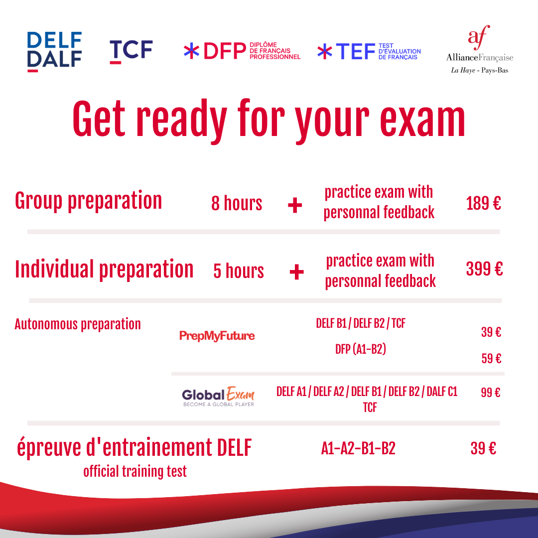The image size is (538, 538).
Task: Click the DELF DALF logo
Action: pos(54,52)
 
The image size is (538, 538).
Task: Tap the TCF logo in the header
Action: pos(131,51)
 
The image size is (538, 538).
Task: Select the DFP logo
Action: pos(242,51)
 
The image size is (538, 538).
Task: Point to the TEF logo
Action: pos(369,51)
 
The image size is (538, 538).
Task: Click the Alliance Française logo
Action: pos(479,49)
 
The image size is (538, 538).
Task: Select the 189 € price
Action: pos(483,203)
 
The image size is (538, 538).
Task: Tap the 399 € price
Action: pos(485,269)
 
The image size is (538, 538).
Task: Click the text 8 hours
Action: pos(237,203)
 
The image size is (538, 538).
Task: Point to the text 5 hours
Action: pos(239,271)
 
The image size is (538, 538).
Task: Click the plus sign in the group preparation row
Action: pos(295,206)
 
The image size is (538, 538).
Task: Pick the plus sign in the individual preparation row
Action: pos(297,272)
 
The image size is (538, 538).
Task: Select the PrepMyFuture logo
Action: pos(217,336)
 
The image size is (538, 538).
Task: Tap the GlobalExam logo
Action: pos(218,397)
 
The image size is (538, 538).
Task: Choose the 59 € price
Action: pos(491,359)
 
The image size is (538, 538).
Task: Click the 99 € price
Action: pos(491,392)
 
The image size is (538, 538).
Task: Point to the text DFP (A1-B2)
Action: pos(361,349)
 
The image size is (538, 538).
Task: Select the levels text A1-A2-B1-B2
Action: pos(358,448)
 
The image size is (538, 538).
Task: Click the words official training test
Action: pos(135,471)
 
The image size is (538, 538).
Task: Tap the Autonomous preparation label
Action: pos(78,324)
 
